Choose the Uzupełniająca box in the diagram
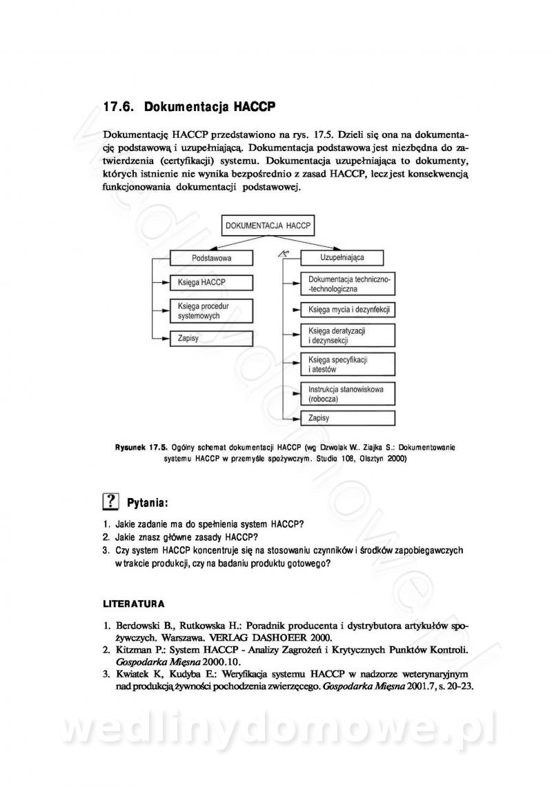pyautogui.click(x=342, y=257)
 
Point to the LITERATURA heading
pyautogui.click(x=133, y=604)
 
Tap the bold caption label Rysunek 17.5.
pyautogui.click(x=141, y=447)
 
